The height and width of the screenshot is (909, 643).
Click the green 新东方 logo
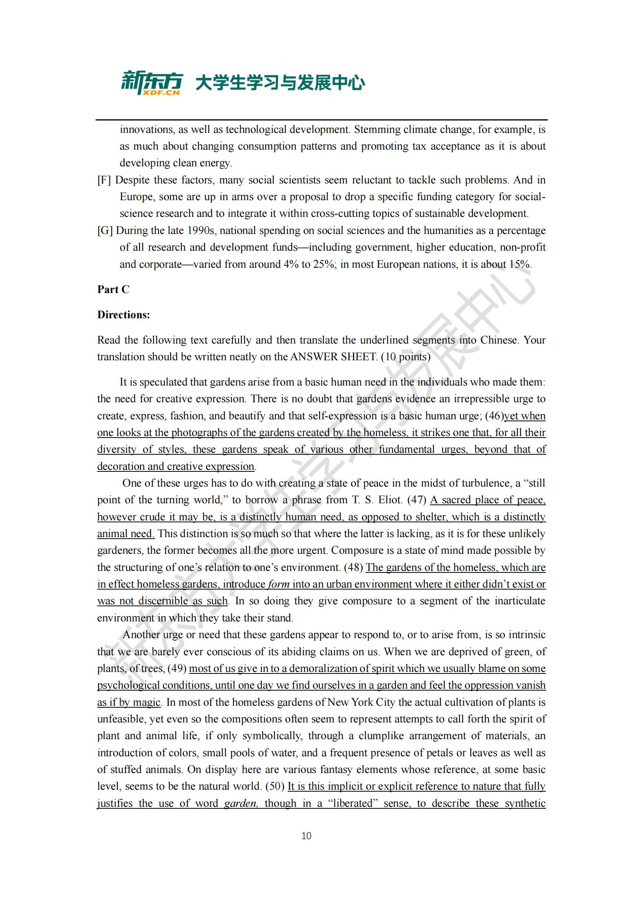(152, 82)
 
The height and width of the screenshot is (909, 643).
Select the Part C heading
(113, 290)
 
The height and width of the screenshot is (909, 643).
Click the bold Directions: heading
(124, 315)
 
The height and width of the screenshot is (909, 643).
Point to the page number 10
(306, 836)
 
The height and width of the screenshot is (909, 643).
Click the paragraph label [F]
(104, 180)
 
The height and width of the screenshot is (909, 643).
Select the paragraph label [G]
(105, 230)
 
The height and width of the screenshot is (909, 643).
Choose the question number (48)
(353, 567)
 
